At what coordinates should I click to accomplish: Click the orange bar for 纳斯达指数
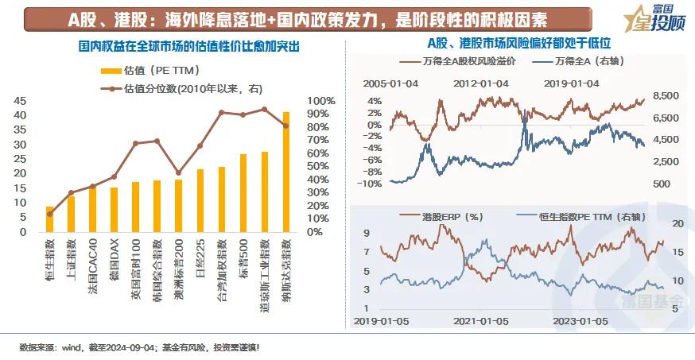(x=286, y=172)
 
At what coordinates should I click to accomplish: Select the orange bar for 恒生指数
(x=49, y=219)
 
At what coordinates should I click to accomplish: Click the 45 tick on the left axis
(x=21, y=101)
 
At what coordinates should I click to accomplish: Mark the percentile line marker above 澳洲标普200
(x=178, y=172)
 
